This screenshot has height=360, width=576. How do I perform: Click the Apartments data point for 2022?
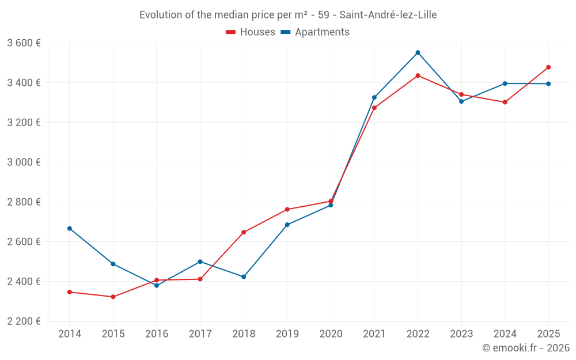coord(418,52)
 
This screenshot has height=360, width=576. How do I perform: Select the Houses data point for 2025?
coord(548,67)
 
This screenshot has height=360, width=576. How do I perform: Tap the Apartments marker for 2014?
coord(70,229)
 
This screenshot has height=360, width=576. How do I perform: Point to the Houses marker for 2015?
coord(113,297)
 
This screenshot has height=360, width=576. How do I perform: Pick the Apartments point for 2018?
coord(244,277)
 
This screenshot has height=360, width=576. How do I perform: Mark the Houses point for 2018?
coord(244,232)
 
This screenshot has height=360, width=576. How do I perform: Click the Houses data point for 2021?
coord(374,108)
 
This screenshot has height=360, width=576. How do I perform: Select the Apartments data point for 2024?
coord(505,84)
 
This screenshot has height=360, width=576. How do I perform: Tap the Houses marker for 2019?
coord(287,210)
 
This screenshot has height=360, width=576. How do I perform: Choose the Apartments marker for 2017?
coord(200,262)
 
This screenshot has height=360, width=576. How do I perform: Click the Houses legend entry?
coord(251,32)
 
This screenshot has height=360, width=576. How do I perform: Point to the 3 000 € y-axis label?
coord(24,162)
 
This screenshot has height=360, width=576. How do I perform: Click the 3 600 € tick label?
coord(24,43)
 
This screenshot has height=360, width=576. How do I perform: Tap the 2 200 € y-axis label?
coord(24,321)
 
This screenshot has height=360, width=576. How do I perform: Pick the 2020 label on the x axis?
coord(331,334)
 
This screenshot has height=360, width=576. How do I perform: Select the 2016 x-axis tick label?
coord(157,334)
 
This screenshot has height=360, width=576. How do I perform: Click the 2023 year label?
coord(461,334)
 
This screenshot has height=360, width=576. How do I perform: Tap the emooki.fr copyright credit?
coord(525,348)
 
